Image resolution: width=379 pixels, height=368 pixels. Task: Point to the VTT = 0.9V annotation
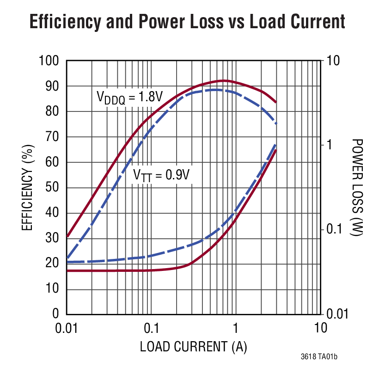161,175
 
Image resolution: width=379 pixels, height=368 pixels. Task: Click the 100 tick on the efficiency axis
50,61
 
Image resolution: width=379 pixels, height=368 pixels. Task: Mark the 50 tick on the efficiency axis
53,188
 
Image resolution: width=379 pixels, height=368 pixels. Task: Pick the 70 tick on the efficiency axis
53,137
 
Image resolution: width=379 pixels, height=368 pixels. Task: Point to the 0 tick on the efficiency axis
56,314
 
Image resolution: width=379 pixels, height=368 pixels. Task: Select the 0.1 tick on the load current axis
151,328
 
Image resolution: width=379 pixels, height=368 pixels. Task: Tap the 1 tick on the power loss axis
329,145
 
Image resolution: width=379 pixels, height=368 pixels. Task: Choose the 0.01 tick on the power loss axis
337,314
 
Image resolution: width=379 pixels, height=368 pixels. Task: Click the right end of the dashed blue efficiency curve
276,123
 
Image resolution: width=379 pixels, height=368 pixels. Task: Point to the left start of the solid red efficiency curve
67,236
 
